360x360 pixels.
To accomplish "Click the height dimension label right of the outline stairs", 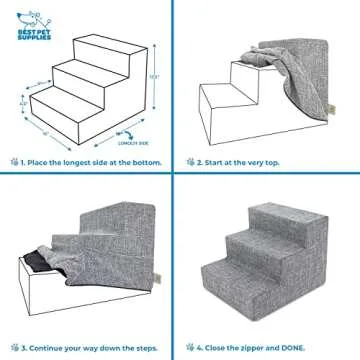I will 151,76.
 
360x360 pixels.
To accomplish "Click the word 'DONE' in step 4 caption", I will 323,340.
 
